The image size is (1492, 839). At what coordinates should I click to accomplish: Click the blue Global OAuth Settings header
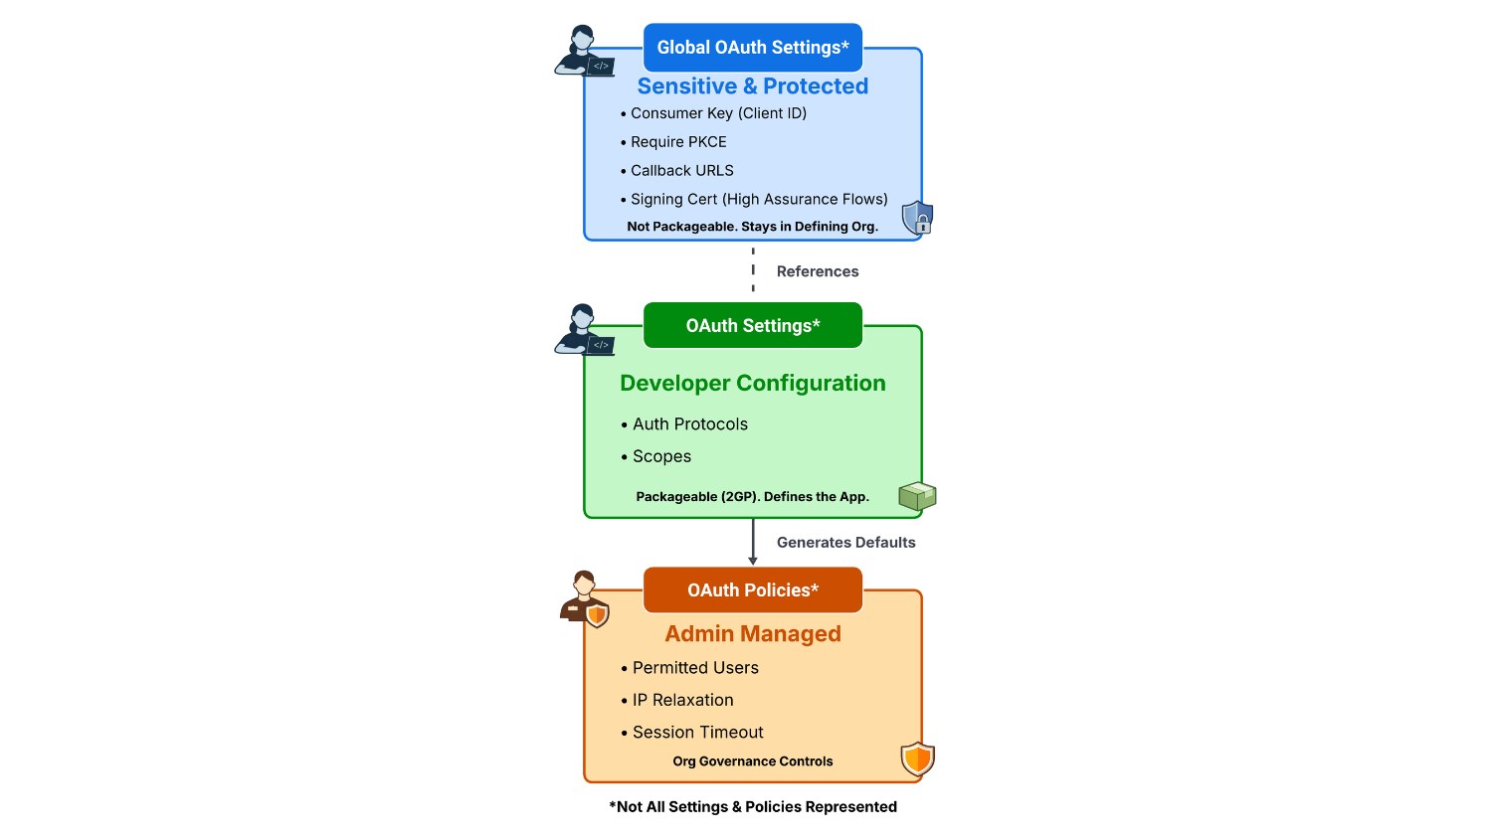pyautogui.click(x=752, y=48)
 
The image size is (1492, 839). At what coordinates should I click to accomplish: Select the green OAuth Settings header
pyautogui.click(x=752, y=326)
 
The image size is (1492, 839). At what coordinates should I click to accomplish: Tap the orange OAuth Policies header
pyautogui.click(x=752, y=590)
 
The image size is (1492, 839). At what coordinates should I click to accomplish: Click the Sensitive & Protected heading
pyautogui.click(x=752, y=86)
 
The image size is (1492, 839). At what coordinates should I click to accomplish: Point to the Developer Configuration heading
pyautogui.click(x=752, y=384)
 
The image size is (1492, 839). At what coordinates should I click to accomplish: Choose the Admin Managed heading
pyautogui.click(x=752, y=634)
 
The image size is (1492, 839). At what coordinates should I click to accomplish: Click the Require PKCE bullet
pyautogui.click(x=678, y=142)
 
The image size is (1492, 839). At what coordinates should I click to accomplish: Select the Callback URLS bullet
pyautogui.click(x=681, y=171)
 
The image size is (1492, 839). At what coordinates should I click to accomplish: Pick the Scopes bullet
pyautogui.click(x=661, y=456)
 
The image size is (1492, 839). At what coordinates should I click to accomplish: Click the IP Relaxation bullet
pyautogui.click(x=682, y=700)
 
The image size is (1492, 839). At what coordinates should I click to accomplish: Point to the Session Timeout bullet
pyautogui.click(x=697, y=733)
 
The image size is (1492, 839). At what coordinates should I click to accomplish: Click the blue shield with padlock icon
pyautogui.click(x=917, y=218)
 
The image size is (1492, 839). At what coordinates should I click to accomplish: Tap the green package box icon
pyautogui.click(x=917, y=496)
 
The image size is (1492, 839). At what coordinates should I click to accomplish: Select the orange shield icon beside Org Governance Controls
pyautogui.click(x=917, y=759)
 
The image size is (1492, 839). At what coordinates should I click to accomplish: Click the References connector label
pyautogui.click(x=817, y=271)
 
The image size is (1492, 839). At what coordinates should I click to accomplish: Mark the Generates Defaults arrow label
pyautogui.click(x=845, y=543)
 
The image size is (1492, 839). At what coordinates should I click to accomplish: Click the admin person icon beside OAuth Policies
pyautogui.click(x=585, y=598)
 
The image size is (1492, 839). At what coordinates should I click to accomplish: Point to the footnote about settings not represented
pyautogui.click(x=752, y=807)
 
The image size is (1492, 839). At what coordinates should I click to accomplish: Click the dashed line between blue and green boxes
pyautogui.click(x=753, y=270)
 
